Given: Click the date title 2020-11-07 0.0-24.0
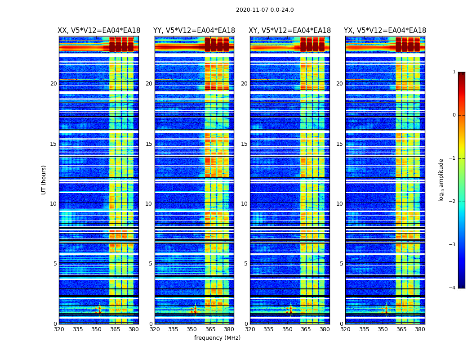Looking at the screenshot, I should pyautogui.click(x=265, y=10).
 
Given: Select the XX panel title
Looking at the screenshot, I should pyautogui.click(x=99, y=31).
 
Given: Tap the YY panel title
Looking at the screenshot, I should pyautogui.click(x=194, y=31).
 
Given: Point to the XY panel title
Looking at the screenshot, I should pyautogui.click(x=289, y=31).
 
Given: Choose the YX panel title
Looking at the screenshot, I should pyautogui.click(x=385, y=31).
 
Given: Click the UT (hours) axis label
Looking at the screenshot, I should pyautogui.click(x=44, y=180).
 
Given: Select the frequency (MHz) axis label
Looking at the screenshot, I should pyautogui.click(x=217, y=338).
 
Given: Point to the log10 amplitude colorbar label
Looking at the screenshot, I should pyautogui.click(x=441, y=180).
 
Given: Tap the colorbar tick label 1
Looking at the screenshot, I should pyautogui.click(x=454, y=72).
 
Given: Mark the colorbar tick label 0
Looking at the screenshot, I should pyautogui.click(x=454, y=115).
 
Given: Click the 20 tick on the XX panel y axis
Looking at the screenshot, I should pyautogui.click(x=53, y=84).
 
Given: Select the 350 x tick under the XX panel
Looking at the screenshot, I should pyautogui.click(x=96, y=329).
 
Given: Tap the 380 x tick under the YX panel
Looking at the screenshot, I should pyautogui.click(x=420, y=329).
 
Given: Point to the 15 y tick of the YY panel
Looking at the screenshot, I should pyautogui.click(x=149, y=144).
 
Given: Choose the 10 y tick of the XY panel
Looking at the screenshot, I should pyautogui.click(x=244, y=204).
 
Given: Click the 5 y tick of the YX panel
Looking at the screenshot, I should pyautogui.click(x=341, y=264).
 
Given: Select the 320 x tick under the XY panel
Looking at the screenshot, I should pyautogui.click(x=250, y=329).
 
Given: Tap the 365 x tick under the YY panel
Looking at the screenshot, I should pyautogui.click(x=210, y=329).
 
